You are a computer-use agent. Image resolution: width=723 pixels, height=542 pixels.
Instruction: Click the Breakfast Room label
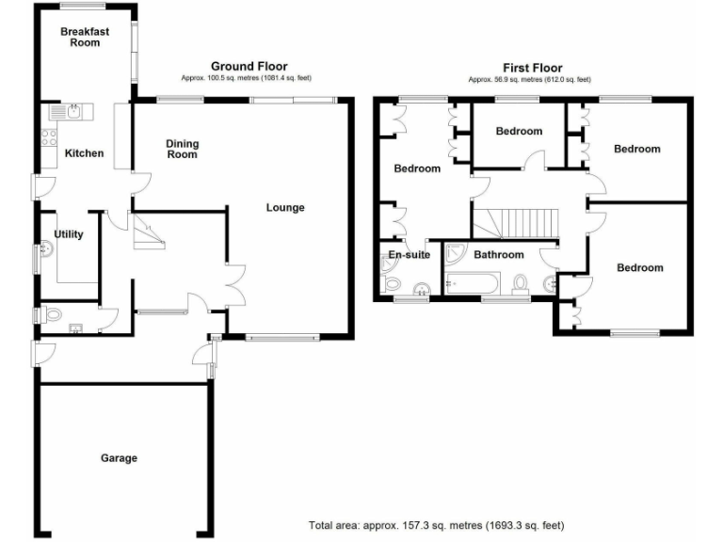pos(85,37)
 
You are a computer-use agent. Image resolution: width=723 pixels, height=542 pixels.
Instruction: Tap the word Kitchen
pos(84,153)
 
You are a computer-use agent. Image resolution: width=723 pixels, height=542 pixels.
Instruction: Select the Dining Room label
pos(182,149)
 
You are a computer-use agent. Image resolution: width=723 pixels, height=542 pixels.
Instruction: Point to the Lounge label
pos(285,207)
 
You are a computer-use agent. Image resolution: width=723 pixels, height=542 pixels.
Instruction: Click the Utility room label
pos(70,233)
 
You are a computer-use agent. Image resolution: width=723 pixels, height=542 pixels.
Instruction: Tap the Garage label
pos(120,458)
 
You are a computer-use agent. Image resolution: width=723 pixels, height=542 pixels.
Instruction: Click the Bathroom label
pos(498,255)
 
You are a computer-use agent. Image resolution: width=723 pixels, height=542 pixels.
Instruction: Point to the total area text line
pos(436,524)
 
